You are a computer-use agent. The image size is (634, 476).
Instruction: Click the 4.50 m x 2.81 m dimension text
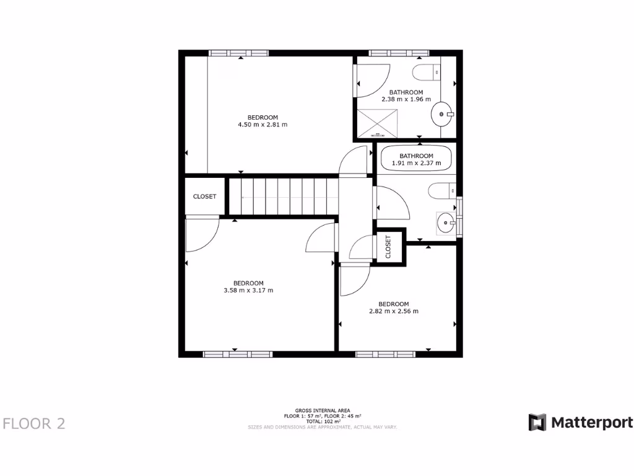pos(263,125)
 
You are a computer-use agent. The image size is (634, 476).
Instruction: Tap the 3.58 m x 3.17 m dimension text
pos(248,290)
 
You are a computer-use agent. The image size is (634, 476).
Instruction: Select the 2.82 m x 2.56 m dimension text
pos(394,311)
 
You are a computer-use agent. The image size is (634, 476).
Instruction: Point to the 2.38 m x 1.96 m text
pos(406,99)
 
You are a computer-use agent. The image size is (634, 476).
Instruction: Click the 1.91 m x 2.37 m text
pos(416,164)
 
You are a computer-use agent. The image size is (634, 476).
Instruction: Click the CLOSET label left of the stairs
pos(205,196)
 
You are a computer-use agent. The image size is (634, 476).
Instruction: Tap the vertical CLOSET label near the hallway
pos(389,247)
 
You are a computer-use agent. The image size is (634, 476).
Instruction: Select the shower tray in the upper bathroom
pos(378,123)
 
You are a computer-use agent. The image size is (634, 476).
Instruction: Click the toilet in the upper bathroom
pos(426,73)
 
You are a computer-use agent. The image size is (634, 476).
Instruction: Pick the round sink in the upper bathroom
pos(441,114)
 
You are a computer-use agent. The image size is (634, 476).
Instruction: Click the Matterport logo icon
pos(537,423)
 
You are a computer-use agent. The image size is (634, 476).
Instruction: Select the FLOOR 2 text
pos(34,423)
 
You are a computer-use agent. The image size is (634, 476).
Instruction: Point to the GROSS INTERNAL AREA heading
pos(323,410)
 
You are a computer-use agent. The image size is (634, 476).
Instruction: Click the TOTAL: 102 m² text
pos(323,421)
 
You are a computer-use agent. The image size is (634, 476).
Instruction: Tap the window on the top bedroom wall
pos(238,53)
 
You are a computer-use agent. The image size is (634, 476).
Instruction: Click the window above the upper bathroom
pos(399,53)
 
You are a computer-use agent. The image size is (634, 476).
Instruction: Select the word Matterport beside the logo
pos(592,423)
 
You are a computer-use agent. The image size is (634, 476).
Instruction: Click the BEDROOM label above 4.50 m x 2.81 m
pos(263,117)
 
